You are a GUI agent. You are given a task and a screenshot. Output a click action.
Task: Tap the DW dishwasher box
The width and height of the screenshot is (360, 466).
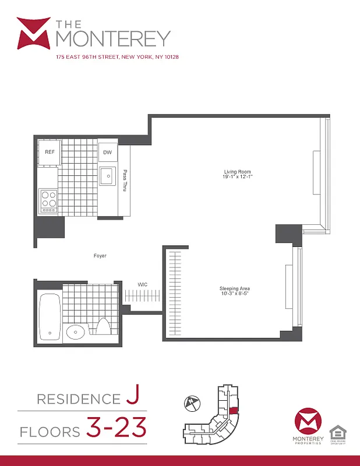tap(107, 153)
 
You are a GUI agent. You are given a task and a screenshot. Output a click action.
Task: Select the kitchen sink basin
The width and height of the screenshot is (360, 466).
tap(107, 175)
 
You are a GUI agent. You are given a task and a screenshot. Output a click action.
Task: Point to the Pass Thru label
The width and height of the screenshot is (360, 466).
tap(124, 181)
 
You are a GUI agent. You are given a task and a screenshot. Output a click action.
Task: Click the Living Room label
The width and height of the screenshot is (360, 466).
tap(237, 172)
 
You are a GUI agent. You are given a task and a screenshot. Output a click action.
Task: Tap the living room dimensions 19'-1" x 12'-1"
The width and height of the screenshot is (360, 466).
tap(237, 177)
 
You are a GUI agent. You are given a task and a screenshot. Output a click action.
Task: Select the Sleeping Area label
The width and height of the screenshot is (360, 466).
tap(235, 288)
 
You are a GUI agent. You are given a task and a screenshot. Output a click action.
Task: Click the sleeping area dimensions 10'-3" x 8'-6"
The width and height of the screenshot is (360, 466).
tap(235, 294)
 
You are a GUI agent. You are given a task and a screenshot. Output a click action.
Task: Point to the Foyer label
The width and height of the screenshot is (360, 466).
tap(100, 256)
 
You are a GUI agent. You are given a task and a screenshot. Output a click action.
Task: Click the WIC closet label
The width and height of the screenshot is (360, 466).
tap(142, 284)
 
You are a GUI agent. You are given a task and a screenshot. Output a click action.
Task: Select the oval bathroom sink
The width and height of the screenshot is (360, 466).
tap(75, 333)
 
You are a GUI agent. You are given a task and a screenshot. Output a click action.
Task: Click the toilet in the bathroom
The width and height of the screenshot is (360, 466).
tap(104, 327)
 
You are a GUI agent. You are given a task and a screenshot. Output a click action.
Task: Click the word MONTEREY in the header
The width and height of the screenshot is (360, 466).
tap(114, 38)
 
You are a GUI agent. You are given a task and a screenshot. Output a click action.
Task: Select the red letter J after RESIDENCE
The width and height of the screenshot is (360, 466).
tap(132, 398)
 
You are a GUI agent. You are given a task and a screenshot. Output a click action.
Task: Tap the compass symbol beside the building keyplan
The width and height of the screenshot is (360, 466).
tap(193, 402)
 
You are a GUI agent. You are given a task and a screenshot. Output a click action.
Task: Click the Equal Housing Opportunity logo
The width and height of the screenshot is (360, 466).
tap(337, 434)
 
